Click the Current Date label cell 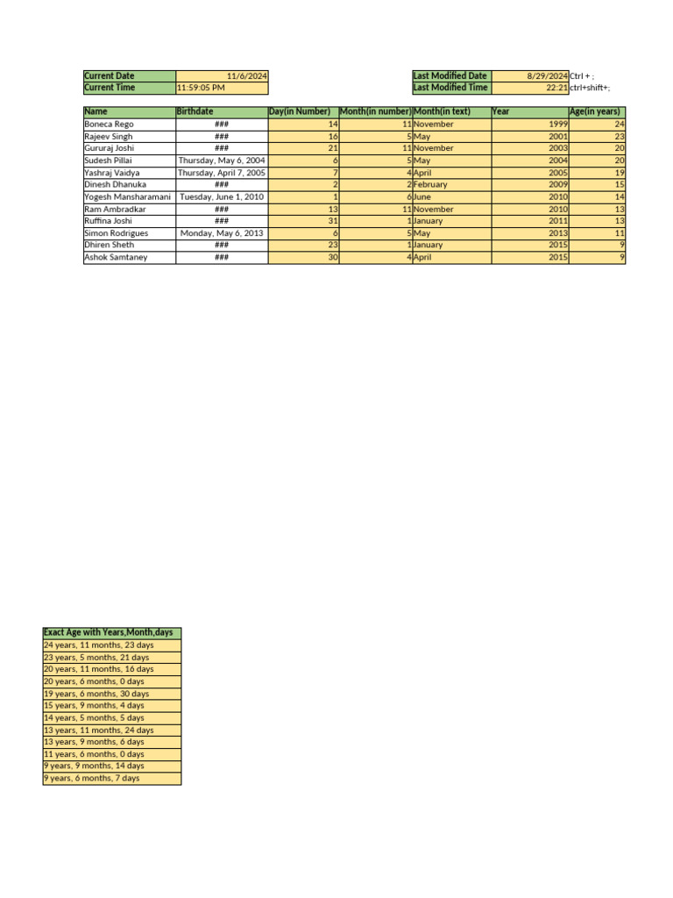pyautogui.click(x=129, y=76)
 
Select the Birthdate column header pyautogui.click(x=221, y=111)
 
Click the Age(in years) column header pyautogui.click(x=596, y=111)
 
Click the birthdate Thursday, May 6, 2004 pyautogui.click(x=222, y=161)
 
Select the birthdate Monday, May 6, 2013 pyautogui.click(x=223, y=233)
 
